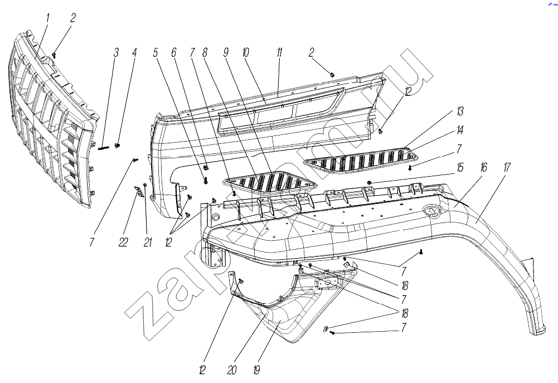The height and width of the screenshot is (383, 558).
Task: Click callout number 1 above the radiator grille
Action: click(47, 18)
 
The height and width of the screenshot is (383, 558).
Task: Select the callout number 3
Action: click(115, 53)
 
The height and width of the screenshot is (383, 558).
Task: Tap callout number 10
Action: click(245, 53)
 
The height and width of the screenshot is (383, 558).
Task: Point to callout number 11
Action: click(279, 53)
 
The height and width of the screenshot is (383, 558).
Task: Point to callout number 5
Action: click(156, 53)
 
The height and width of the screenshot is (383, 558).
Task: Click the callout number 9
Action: click(226, 53)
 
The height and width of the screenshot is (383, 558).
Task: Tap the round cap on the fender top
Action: click(430, 211)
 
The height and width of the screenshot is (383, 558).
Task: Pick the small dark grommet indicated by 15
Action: click(369, 183)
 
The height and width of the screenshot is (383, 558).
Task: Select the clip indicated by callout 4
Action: click(118, 146)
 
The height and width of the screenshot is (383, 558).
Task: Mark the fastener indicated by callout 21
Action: click(145, 184)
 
